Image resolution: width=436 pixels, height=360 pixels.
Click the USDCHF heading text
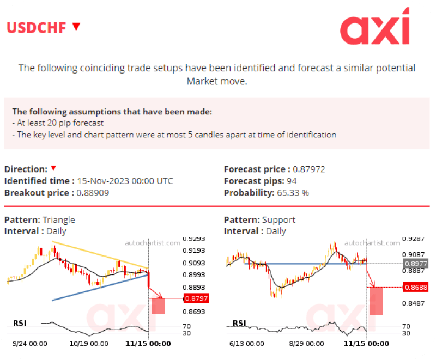click(37, 27)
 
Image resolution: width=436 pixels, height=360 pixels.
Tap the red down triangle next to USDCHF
click(76, 26)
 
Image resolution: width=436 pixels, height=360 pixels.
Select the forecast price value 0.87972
click(309, 169)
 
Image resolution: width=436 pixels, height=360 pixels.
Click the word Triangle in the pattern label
click(59, 220)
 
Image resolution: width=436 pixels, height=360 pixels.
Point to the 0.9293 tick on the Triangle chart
click(193, 239)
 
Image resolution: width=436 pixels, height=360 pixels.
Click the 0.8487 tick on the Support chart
click(413, 303)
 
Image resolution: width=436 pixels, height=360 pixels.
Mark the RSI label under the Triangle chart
click(20, 324)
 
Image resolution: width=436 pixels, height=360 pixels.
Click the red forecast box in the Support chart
click(376, 301)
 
